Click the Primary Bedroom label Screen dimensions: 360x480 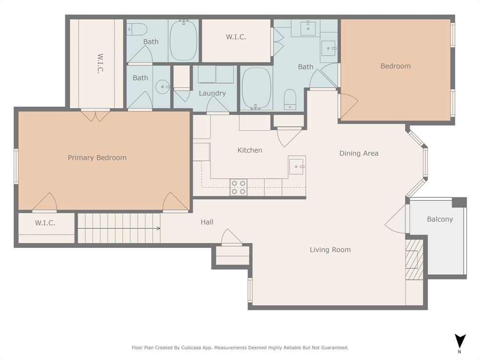(97, 158)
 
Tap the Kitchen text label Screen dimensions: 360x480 (250, 150)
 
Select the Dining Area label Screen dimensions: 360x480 (359, 153)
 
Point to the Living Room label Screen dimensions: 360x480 (330, 250)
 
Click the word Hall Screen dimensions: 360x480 (207, 222)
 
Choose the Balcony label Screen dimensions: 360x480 (440, 219)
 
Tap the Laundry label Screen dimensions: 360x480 (212, 93)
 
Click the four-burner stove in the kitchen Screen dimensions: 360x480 (239, 187)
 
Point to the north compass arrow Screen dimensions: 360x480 (460, 341)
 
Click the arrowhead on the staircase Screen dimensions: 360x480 (158, 229)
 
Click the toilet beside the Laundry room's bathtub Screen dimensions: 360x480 (290, 99)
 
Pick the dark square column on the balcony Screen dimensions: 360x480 (459, 202)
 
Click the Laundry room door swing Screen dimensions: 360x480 (217, 106)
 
